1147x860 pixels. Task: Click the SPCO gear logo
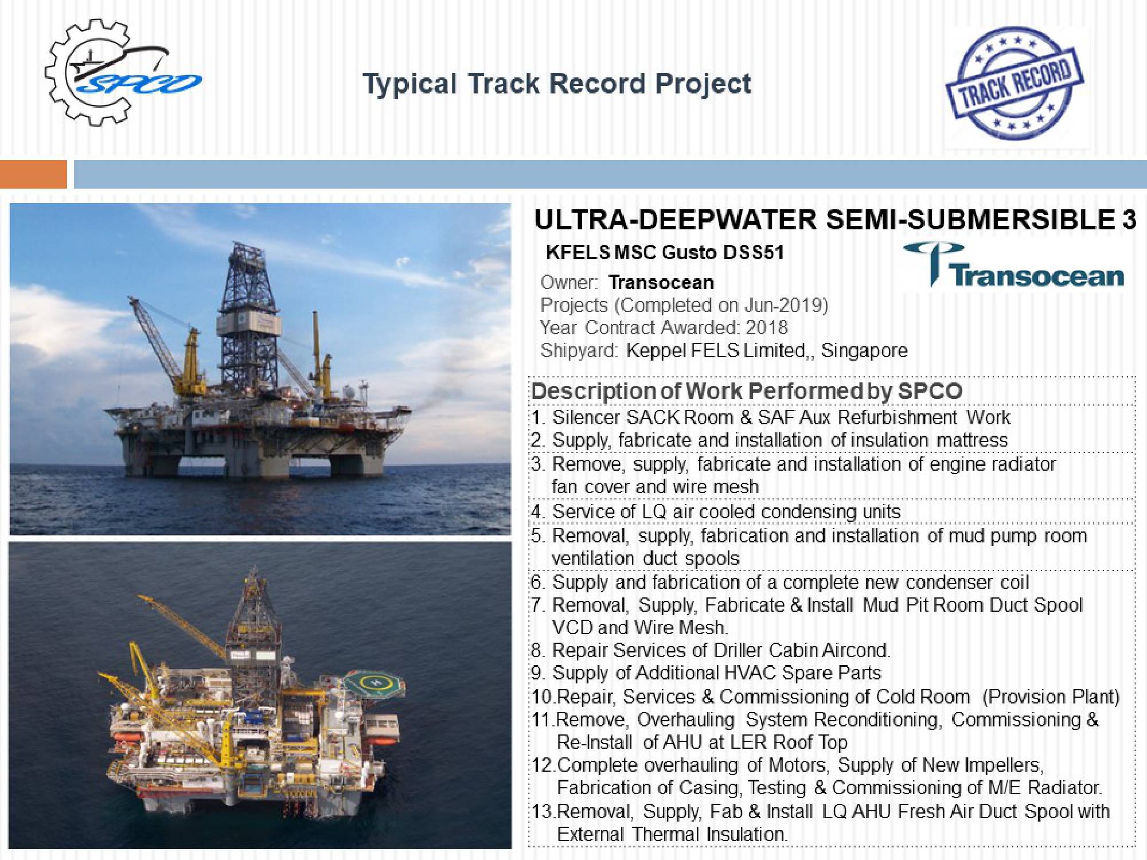point(118,73)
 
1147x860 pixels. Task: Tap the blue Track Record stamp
point(1015,83)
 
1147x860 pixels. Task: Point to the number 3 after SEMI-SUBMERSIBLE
point(1128,220)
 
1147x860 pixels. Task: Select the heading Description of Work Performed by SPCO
point(746,391)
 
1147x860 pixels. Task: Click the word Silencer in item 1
point(586,417)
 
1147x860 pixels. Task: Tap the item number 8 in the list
point(537,651)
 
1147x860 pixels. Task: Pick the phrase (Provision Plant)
point(1051,697)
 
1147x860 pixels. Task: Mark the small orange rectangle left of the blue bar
point(33,174)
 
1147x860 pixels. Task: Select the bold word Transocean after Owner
point(661,283)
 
